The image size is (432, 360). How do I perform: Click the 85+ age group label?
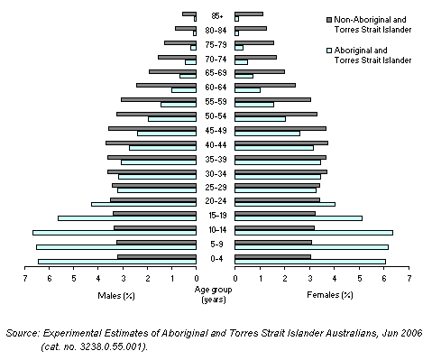[216, 15]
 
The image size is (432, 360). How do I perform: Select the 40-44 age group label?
[216, 144]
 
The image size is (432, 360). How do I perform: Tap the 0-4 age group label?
[216, 259]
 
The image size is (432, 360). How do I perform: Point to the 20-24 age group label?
[216, 202]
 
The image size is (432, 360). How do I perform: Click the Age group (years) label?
[216, 294]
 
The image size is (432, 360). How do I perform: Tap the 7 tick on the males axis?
[25, 279]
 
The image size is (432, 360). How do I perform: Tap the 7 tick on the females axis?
[409, 279]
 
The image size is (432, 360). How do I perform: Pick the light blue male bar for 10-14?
[115, 232]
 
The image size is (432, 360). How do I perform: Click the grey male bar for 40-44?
[151, 142]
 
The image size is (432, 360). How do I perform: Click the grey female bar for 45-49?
[280, 128]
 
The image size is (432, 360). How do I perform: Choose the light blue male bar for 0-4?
[117, 261]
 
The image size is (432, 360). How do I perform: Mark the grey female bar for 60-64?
[265, 85]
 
